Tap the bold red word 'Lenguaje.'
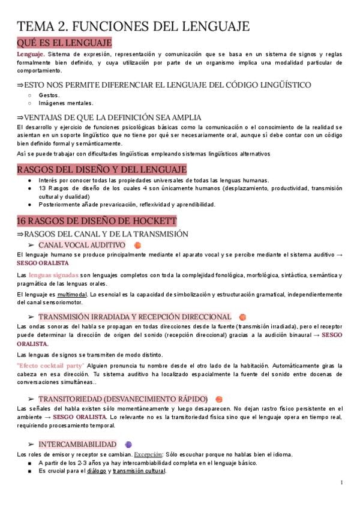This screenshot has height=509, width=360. click(31, 54)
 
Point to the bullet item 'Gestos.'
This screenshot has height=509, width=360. click(49, 95)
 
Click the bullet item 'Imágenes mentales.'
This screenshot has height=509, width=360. click(66, 103)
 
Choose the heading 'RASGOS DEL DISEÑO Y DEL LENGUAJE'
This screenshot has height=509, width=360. click(102, 169)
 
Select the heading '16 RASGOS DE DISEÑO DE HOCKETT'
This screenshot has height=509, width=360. click(97, 221)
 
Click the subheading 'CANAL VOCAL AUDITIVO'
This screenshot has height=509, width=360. click(82, 245)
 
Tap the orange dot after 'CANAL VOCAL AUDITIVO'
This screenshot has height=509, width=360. click(137, 245)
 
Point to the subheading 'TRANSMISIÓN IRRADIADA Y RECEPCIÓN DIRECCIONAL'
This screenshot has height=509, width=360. click(134, 316)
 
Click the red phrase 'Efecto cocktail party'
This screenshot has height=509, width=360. click(50, 365)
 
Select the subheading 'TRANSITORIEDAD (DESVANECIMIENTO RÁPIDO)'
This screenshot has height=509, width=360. click(123, 399)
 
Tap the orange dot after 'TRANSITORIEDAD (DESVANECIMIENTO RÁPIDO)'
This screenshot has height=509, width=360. click(219, 399)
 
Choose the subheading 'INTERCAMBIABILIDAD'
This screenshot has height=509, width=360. click(77, 444)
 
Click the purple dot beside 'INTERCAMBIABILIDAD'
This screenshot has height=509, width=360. click(128, 444)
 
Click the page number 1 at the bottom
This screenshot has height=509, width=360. click(341, 482)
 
